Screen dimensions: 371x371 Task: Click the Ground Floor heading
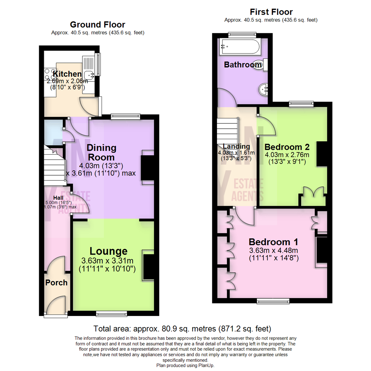(98, 25)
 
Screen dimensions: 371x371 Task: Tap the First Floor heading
(271, 12)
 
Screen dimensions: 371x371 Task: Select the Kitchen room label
(67, 74)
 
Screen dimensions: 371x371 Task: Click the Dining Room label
(101, 153)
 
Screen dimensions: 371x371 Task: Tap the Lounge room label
(109, 251)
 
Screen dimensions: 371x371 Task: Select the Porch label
(56, 283)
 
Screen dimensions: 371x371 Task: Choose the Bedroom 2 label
(287, 147)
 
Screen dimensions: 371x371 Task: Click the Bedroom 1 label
(273, 241)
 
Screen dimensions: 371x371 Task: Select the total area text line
(182, 328)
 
